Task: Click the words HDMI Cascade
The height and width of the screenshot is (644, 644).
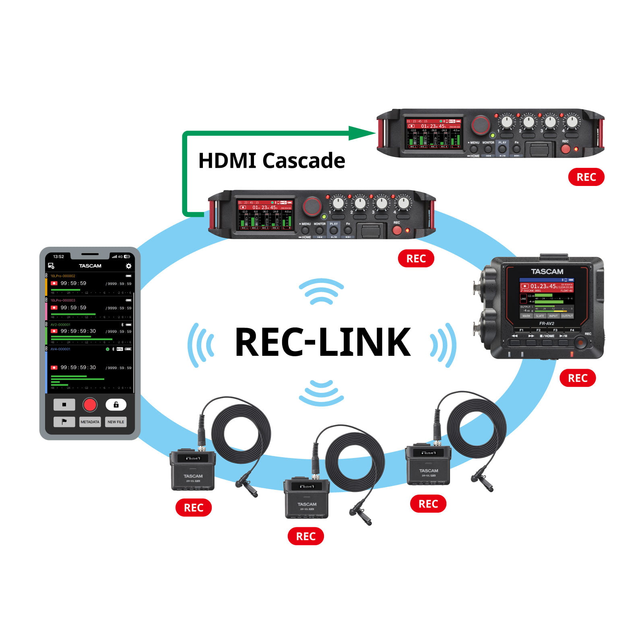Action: (x=272, y=161)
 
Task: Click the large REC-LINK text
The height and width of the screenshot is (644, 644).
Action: (x=322, y=342)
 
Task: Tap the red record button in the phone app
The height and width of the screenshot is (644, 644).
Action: (x=90, y=405)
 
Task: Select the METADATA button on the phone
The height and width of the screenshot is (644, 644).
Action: (x=90, y=422)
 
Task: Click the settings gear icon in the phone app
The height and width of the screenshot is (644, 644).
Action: (x=129, y=266)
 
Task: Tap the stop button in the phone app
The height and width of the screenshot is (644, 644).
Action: (x=64, y=405)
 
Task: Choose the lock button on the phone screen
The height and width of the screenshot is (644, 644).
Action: (x=116, y=405)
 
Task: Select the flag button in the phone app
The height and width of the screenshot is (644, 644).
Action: (x=64, y=422)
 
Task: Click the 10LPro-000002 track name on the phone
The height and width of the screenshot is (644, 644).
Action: (x=63, y=276)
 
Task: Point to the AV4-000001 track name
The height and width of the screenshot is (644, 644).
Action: (x=60, y=349)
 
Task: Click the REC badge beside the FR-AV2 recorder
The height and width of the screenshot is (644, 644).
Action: (x=578, y=378)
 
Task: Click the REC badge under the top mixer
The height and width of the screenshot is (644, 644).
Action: (x=586, y=177)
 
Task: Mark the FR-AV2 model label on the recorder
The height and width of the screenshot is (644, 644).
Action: (x=547, y=323)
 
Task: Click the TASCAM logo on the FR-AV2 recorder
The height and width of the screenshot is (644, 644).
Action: (x=547, y=272)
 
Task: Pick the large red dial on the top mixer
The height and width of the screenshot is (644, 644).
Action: (x=481, y=125)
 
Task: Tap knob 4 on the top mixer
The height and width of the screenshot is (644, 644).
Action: (x=572, y=121)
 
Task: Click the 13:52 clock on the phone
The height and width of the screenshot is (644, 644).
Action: (x=59, y=256)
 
